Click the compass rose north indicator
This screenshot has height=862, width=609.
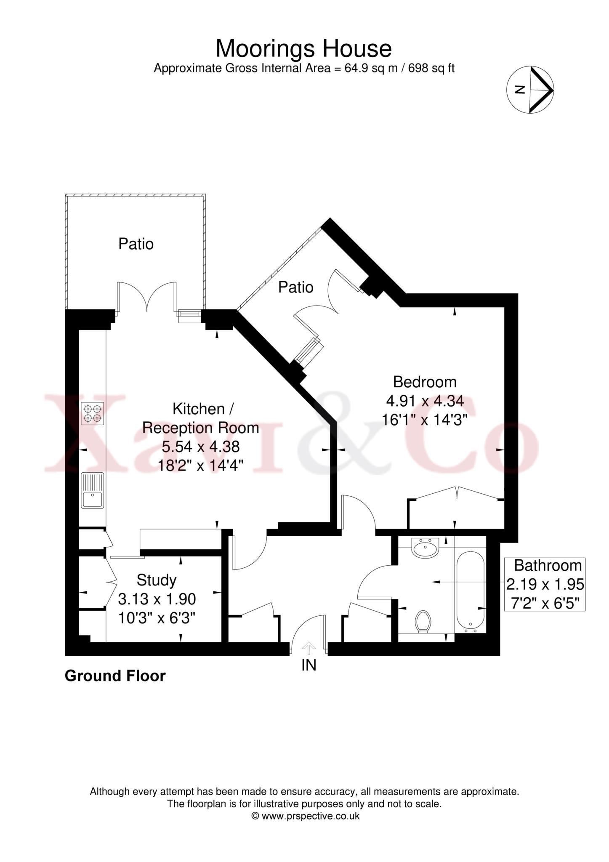[530, 90]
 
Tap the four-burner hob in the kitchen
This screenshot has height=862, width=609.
[92, 413]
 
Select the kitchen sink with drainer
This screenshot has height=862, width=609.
[93, 490]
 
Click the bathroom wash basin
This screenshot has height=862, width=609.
[426, 548]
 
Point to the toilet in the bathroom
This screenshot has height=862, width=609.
[423, 621]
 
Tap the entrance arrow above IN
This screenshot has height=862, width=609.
[309, 648]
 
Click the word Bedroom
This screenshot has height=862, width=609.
[424, 382]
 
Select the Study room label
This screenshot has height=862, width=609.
[157, 580]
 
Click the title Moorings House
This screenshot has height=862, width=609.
[303, 49]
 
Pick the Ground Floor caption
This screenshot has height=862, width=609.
[115, 676]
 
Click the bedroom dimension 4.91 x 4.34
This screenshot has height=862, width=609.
[425, 401]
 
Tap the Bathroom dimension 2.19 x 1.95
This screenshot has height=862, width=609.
[545, 584]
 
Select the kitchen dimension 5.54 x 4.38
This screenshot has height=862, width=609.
[200, 447]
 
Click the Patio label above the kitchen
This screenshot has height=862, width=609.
[136, 244]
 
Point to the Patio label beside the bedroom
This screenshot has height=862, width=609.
[296, 287]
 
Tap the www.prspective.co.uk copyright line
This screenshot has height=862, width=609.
[305, 816]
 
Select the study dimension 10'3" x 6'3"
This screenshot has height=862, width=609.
[157, 618]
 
